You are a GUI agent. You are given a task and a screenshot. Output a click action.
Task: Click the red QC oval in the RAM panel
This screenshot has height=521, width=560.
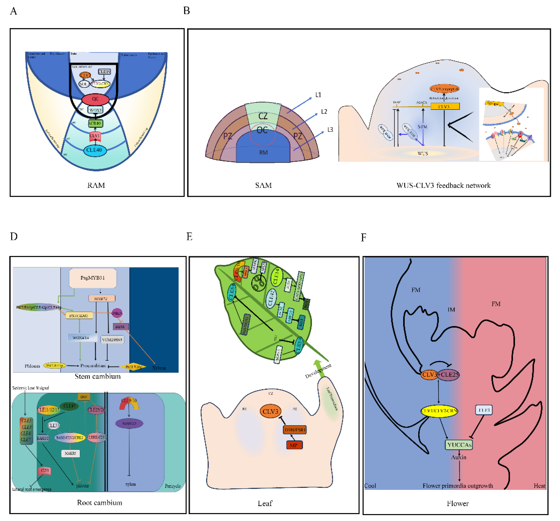(x=95, y=99)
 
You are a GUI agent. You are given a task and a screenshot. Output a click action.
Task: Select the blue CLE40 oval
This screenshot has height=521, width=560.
(x=95, y=150)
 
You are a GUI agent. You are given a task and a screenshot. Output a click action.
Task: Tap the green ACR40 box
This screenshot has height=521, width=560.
(x=95, y=123)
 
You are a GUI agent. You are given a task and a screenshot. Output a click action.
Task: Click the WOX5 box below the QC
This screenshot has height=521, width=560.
(x=95, y=110)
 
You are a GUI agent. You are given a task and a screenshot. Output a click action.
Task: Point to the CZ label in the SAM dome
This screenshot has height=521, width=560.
(x=263, y=116)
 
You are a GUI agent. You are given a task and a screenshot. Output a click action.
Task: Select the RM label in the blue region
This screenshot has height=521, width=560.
(x=263, y=152)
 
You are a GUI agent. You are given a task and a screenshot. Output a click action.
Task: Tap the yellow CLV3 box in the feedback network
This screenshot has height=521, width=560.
(x=445, y=106)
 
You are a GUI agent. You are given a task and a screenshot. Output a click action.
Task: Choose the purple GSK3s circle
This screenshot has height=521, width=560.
(x=117, y=313)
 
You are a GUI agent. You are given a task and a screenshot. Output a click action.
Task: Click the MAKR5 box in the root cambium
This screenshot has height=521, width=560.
(x=70, y=453)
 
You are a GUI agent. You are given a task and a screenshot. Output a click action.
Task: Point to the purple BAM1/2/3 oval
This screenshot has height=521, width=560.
(x=129, y=423)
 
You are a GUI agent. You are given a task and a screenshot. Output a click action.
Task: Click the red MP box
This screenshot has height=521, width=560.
(x=294, y=445)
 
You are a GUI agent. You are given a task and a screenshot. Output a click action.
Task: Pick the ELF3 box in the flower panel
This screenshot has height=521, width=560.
(x=484, y=410)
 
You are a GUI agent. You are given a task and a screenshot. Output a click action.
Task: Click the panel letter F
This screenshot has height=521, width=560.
(x=363, y=238)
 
